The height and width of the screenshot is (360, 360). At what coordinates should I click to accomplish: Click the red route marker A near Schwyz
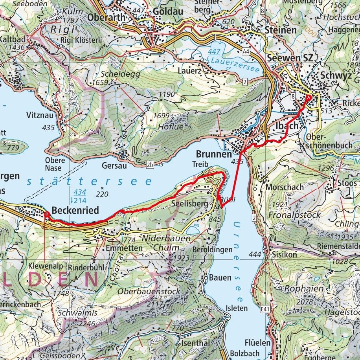[309, 97]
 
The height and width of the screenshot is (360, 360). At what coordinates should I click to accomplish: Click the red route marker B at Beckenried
[47, 214]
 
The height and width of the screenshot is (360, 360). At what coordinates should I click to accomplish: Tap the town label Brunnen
[212, 154]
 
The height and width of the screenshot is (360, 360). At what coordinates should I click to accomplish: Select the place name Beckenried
[75, 211]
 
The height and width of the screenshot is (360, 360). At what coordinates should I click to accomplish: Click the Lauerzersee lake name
[235, 64]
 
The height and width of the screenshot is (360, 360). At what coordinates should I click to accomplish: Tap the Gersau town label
[112, 165]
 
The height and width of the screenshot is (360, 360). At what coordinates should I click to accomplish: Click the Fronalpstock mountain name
[295, 215]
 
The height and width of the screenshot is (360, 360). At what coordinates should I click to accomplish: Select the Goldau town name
[168, 12]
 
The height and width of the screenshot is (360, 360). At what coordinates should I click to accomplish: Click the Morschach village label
[285, 187]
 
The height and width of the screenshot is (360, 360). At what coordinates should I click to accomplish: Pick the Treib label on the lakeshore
[199, 164]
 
